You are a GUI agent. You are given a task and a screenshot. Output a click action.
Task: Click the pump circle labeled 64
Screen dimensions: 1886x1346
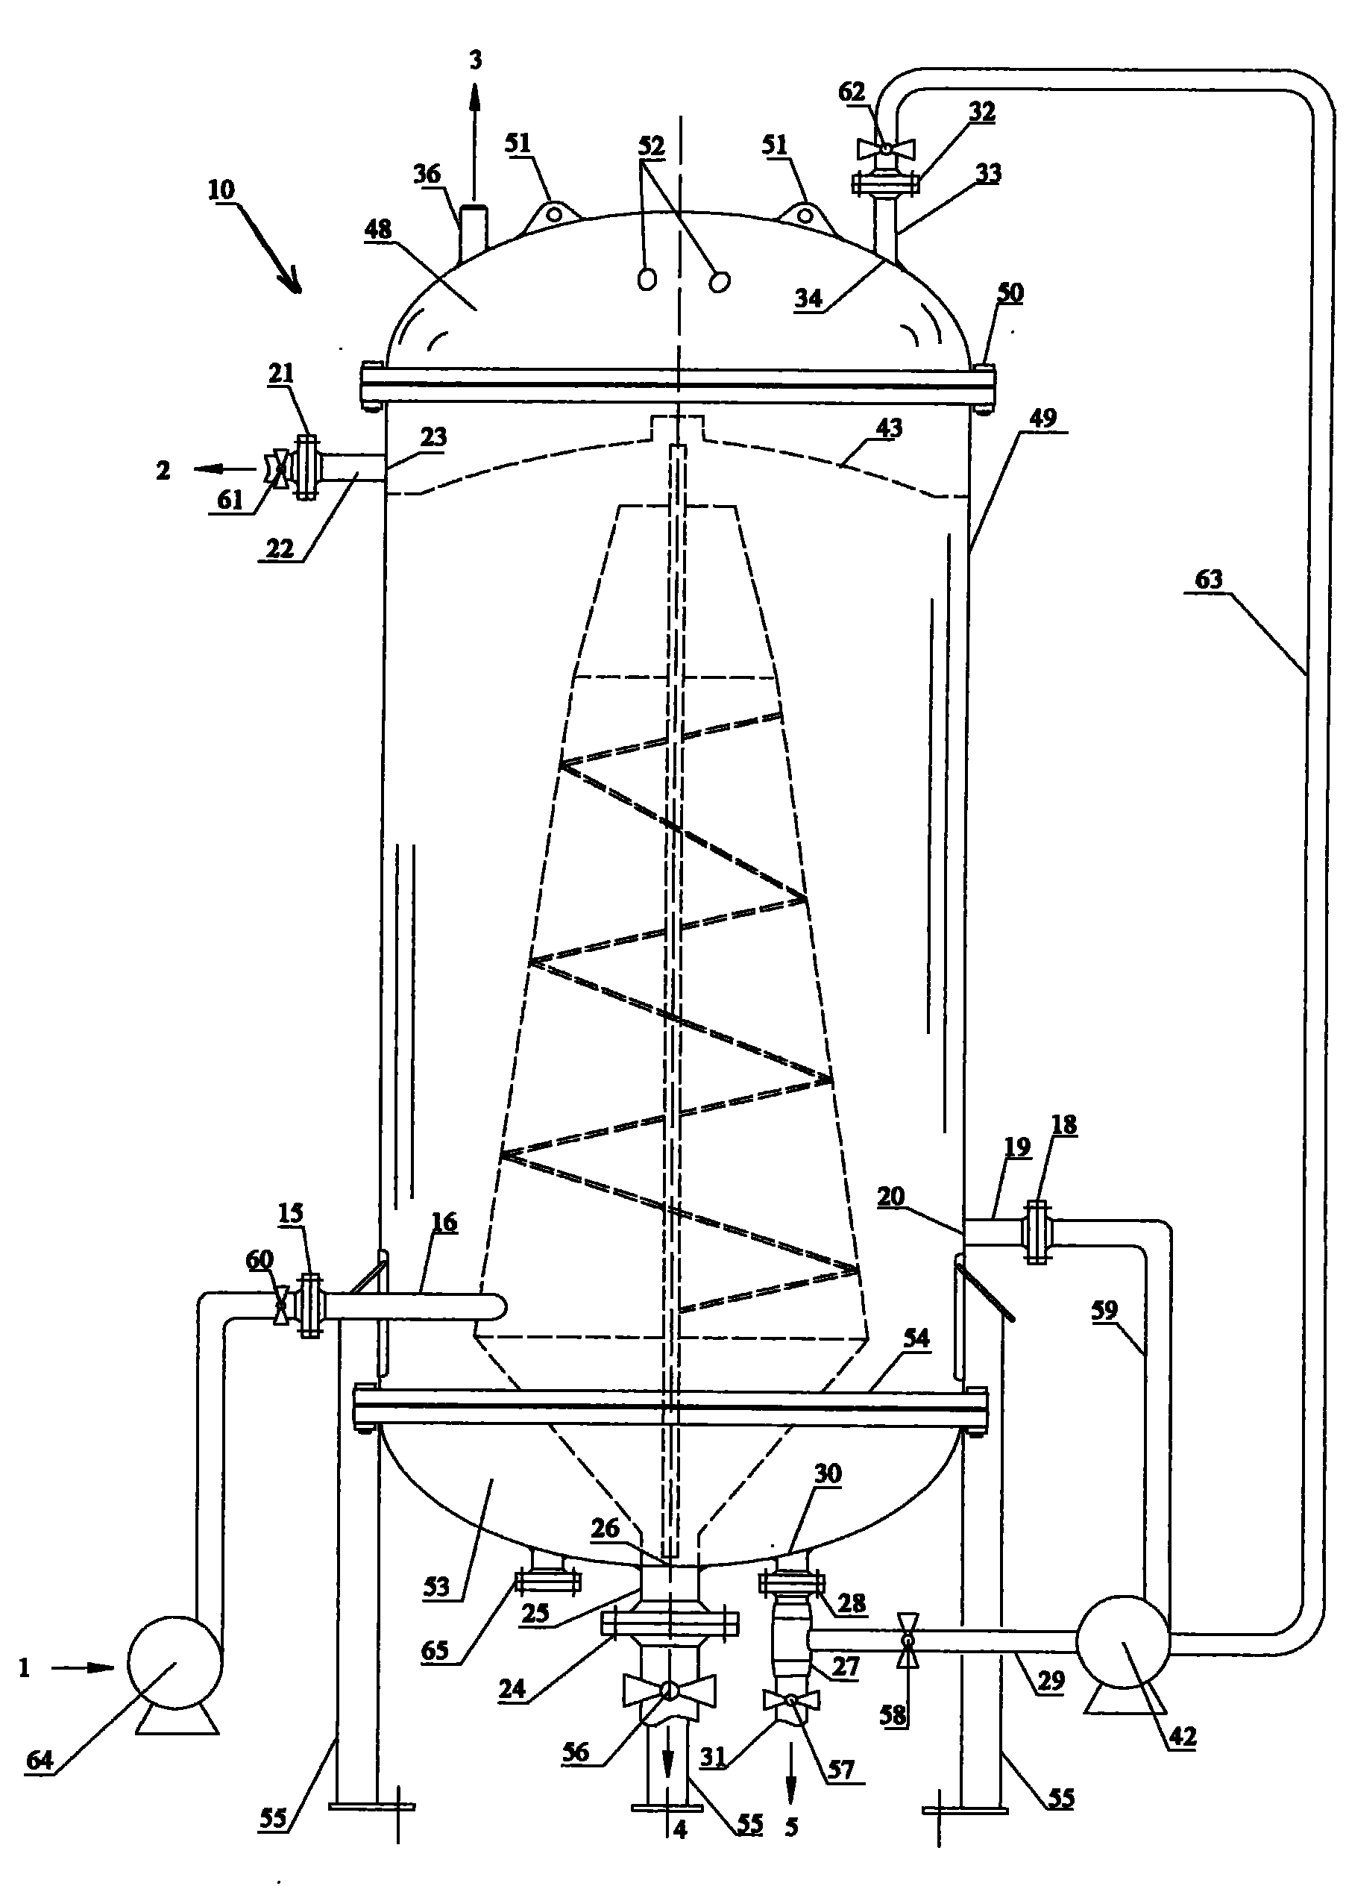pos(174,1661)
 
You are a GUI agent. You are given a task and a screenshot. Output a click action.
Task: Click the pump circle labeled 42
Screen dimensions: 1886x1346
pos(1122,1641)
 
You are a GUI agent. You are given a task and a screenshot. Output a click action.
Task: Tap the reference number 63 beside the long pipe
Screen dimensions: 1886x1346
pos(1208,579)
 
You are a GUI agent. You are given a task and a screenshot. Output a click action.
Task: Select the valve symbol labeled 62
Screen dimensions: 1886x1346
pos(886,149)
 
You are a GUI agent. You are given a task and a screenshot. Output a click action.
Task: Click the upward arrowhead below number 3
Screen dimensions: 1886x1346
pos(475,100)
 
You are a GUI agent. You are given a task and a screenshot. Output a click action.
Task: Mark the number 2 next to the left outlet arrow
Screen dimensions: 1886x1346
pos(163,471)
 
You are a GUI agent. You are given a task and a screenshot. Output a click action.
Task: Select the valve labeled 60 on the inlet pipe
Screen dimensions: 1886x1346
pos(282,1305)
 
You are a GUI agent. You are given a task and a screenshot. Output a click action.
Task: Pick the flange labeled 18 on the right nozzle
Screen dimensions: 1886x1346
pos(1036,1232)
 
